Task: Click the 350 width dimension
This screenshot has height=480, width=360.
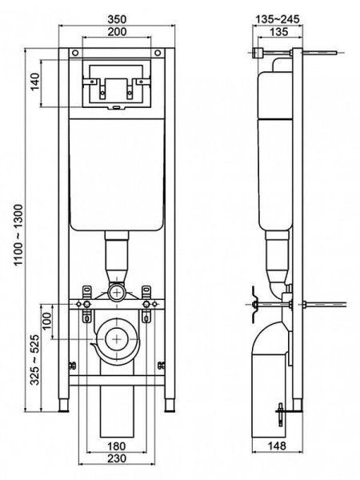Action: tap(117, 19)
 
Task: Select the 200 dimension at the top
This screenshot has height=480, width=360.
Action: tap(117, 31)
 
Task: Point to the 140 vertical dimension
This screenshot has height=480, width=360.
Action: tap(35, 82)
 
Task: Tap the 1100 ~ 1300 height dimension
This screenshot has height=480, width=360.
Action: tap(18, 234)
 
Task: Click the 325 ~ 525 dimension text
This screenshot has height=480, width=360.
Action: tap(34, 359)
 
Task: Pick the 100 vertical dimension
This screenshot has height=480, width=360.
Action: tap(47, 321)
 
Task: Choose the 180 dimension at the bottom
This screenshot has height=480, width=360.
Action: tap(117, 446)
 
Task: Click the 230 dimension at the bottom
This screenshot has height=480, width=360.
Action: tap(117, 458)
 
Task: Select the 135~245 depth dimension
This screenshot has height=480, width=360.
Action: tap(278, 19)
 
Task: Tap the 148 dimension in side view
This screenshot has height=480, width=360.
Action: tap(278, 446)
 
